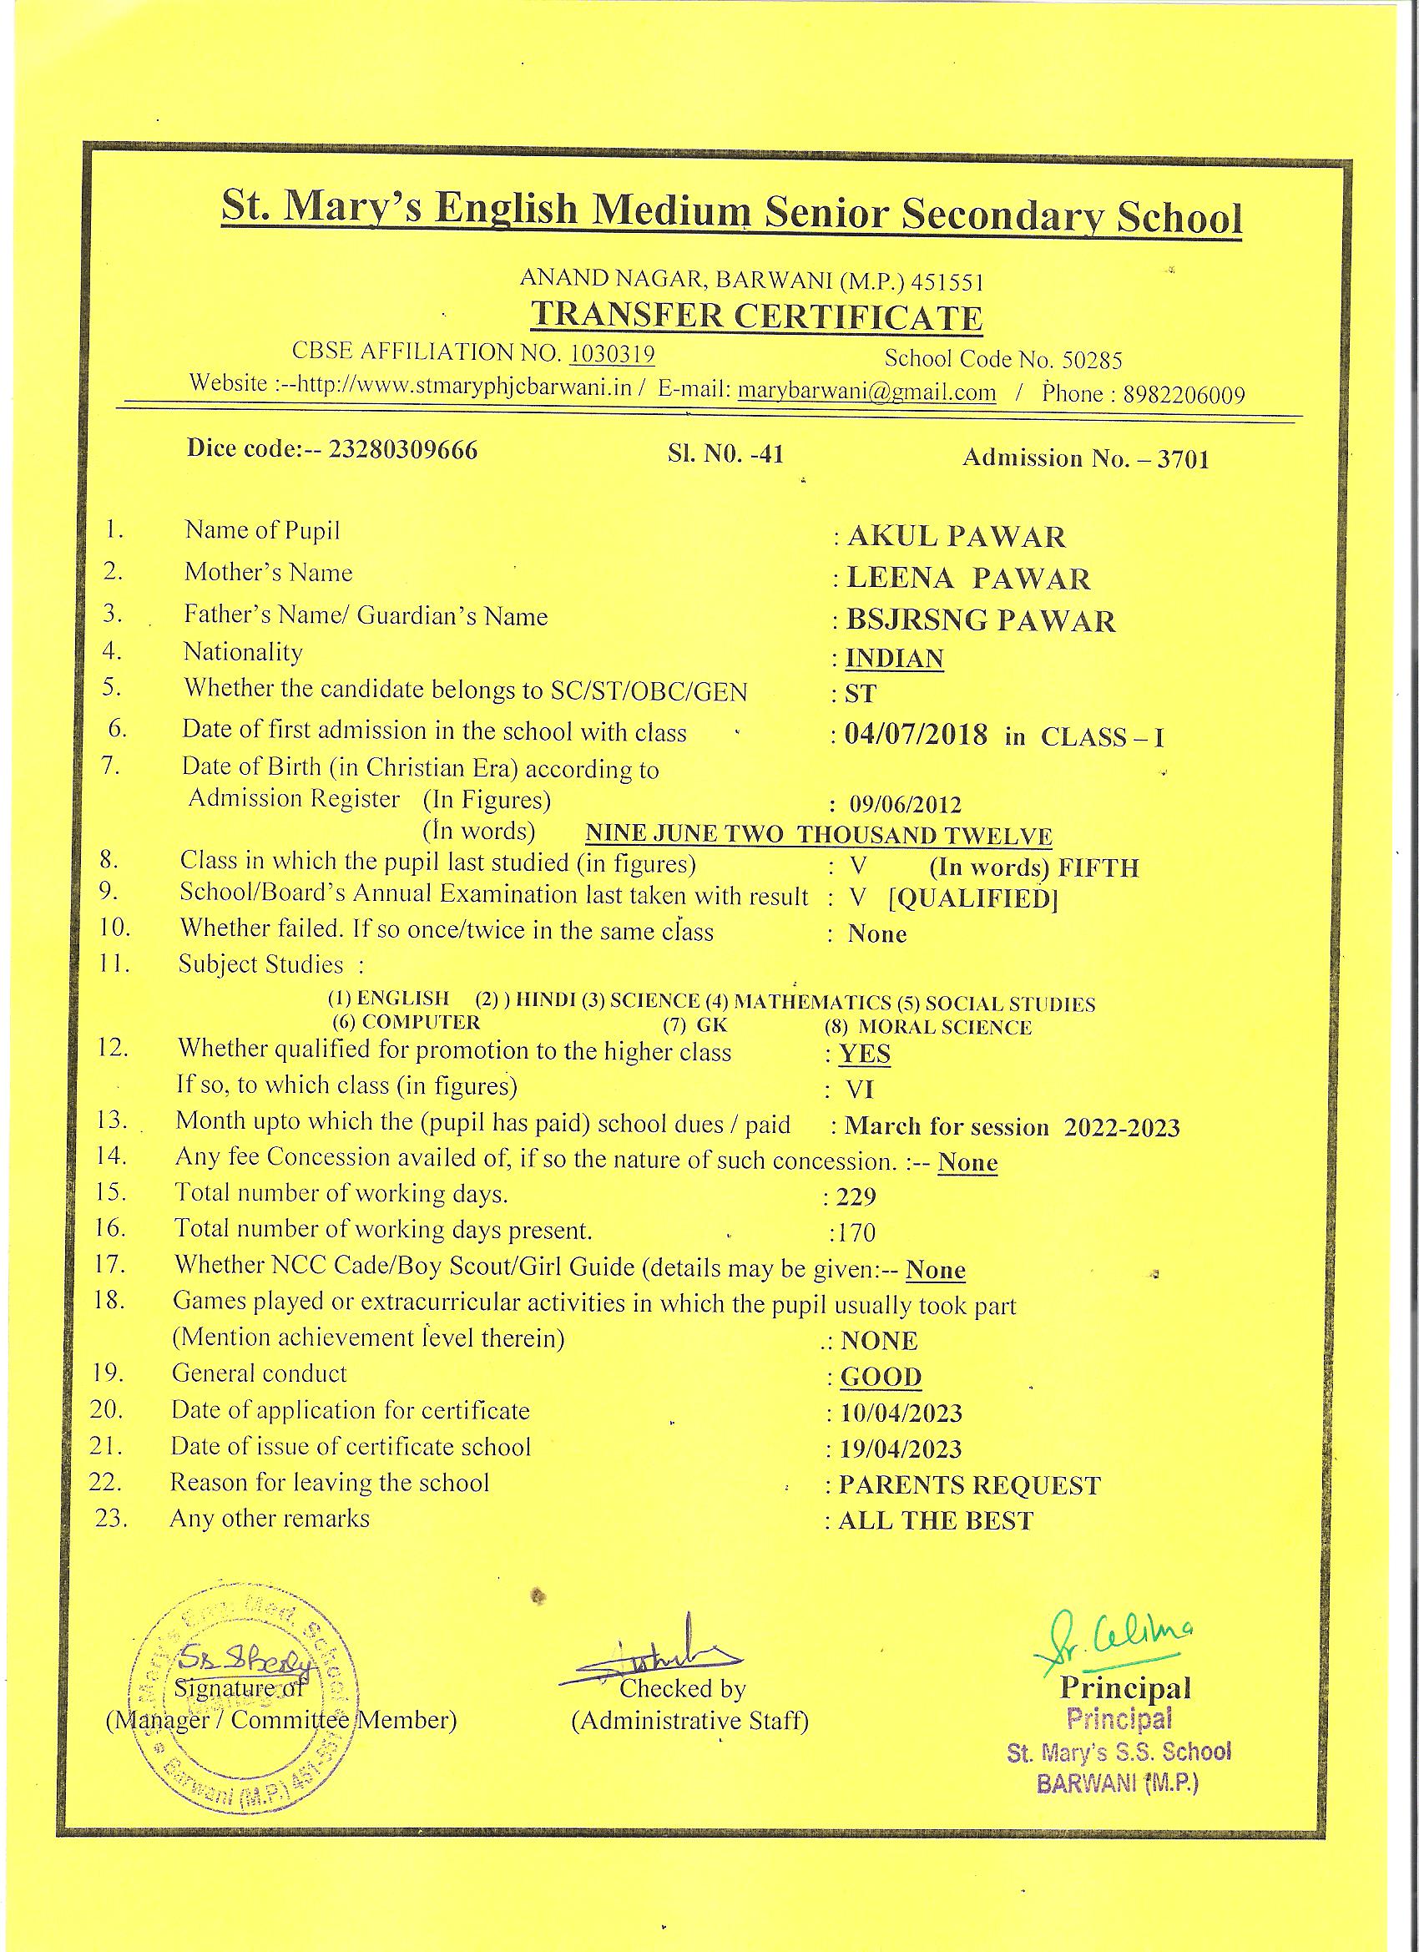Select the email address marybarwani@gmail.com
tap(866, 391)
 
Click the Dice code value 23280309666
tap(404, 450)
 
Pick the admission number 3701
tap(1184, 458)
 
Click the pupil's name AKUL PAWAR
tap(956, 537)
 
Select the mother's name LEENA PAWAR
tap(968, 579)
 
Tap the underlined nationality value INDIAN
tap(894, 659)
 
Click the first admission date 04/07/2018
tap(916, 734)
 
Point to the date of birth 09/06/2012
tap(906, 805)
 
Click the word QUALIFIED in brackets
tap(972, 898)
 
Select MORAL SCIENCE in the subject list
tap(944, 1027)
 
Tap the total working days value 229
tap(856, 1197)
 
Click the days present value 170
tap(857, 1233)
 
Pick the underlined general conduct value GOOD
tap(881, 1377)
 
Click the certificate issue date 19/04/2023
tap(900, 1449)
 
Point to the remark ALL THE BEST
tap(936, 1521)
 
